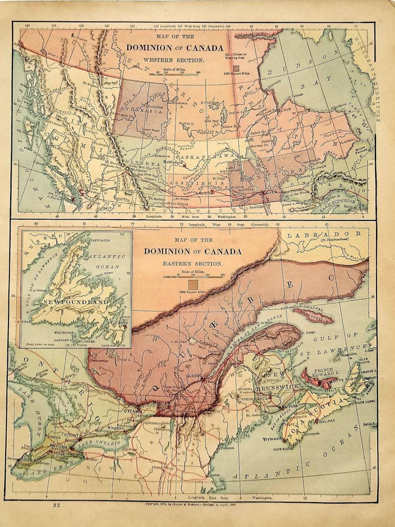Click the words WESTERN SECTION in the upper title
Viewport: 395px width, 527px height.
[x=173, y=60]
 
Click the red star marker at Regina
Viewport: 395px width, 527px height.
[x=212, y=191]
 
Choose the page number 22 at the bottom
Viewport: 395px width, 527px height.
[x=56, y=505]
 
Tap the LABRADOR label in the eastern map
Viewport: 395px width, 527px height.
[x=324, y=234]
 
